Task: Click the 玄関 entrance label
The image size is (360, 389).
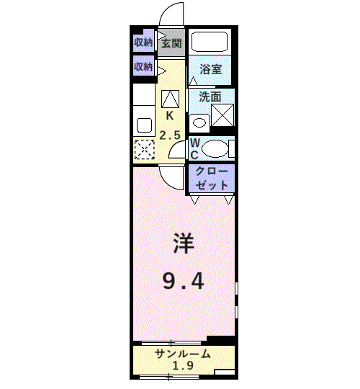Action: point(171,43)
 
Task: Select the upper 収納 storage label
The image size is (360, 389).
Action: point(143,43)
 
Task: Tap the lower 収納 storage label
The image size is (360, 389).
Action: point(143,66)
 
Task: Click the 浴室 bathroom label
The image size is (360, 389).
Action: point(211,71)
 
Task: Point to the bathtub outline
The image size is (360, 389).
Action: point(210,42)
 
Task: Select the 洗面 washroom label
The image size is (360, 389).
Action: point(210,96)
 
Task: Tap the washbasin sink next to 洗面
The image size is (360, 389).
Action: point(199,122)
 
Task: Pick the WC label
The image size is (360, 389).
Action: point(194,148)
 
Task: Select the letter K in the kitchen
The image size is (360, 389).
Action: point(170,115)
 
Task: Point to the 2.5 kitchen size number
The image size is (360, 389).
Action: point(170,135)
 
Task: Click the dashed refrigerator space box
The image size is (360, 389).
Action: point(144,151)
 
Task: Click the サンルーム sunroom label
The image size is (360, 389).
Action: point(183,354)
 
